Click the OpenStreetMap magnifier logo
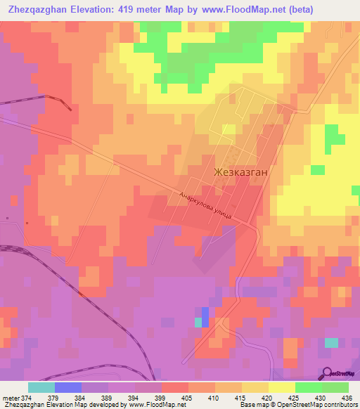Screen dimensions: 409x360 point(326,373)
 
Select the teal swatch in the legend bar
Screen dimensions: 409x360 point(41,387)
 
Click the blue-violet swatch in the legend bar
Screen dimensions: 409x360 point(67,387)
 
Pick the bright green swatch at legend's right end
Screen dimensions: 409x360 point(335,387)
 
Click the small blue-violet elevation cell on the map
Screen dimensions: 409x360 point(205,313)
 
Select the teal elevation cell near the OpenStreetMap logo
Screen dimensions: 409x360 point(330,342)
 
